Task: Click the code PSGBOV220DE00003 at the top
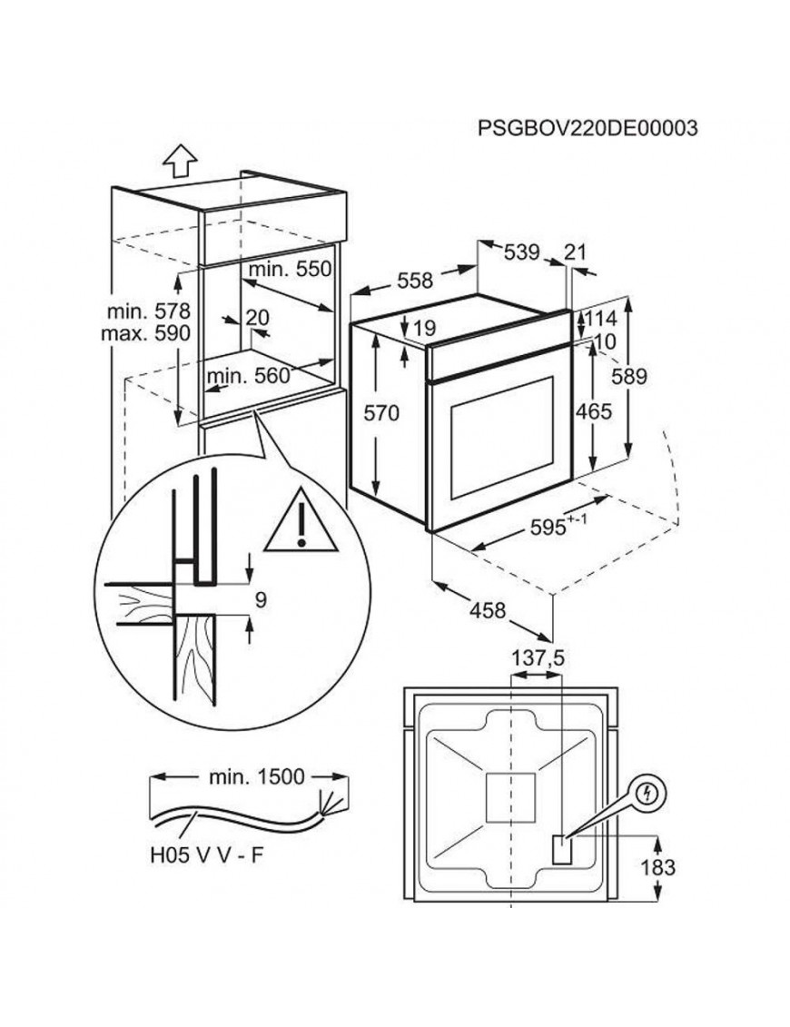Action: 587,129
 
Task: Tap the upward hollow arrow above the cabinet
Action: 180,161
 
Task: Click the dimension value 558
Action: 415,281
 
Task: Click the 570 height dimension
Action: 381,414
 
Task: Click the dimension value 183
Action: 657,867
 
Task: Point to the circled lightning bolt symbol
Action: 646,794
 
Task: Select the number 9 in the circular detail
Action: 260,599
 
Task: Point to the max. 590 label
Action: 145,333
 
